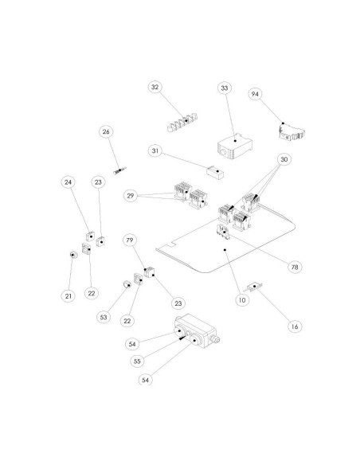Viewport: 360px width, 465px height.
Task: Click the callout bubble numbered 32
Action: [x=155, y=87]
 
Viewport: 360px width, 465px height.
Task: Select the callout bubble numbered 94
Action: [x=255, y=94]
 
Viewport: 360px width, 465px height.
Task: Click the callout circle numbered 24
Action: [x=68, y=182]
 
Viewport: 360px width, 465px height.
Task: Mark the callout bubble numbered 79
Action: [x=128, y=240]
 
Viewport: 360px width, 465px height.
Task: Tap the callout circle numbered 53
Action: [x=103, y=317]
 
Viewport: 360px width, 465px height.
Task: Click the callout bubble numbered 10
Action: [x=241, y=300]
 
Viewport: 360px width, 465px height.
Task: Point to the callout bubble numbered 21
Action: [x=68, y=295]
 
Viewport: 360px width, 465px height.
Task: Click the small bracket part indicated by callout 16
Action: [x=255, y=286]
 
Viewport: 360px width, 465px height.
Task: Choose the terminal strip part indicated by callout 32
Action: [x=182, y=123]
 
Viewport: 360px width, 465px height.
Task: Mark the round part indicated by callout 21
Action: [x=73, y=255]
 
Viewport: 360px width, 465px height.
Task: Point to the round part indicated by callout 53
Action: [x=125, y=284]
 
